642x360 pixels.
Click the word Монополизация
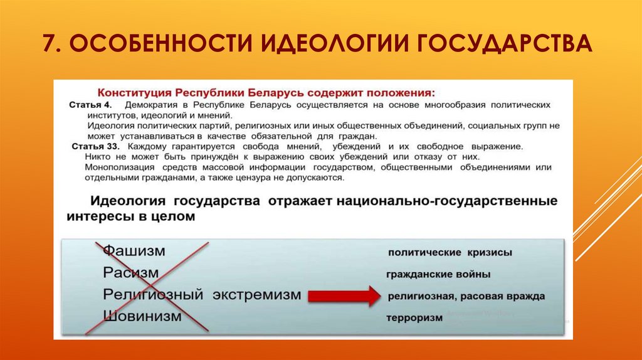(120, 167)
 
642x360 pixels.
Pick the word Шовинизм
(142, 315)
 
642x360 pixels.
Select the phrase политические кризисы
(450, 253)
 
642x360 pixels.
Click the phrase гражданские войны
(438, 275)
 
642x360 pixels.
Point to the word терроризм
(414, 317)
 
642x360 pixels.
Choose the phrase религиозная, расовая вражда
(466, 296)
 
